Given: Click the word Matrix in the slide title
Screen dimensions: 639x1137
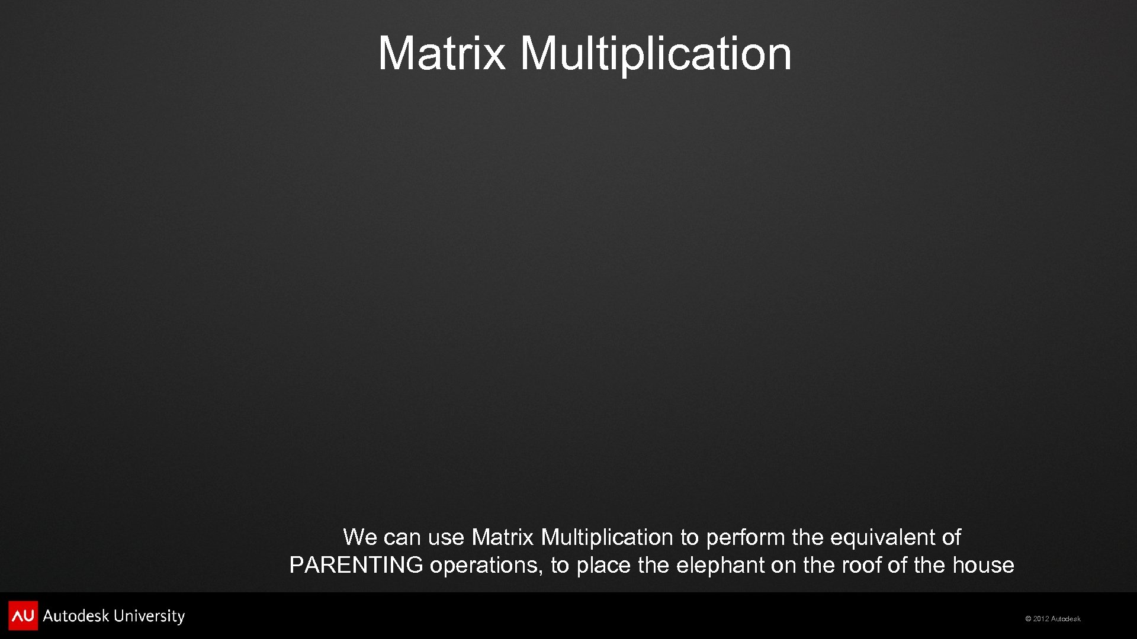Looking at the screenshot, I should click(x=442, y=53).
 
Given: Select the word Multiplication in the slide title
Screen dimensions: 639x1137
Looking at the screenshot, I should click(x=656, y=53).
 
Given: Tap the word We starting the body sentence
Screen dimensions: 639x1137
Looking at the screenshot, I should click(x=360, y=537).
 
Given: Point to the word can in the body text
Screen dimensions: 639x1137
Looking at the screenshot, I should click(x=402, y=537).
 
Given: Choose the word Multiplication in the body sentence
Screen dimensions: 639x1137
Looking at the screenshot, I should click(x=607, y=537).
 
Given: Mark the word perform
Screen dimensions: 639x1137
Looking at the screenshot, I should click(x=746, y=537).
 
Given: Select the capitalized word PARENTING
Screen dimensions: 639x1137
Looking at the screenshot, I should click(x=356, y=566).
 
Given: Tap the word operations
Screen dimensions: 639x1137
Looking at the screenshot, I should click(x=485, y=566).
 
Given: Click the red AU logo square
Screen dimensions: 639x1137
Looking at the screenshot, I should click(x=23, y=615).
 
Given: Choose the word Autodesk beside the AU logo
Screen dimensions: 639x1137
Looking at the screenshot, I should click(x=76, y=616).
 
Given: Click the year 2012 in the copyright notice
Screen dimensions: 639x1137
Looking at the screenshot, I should click(x=1041, y=619).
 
